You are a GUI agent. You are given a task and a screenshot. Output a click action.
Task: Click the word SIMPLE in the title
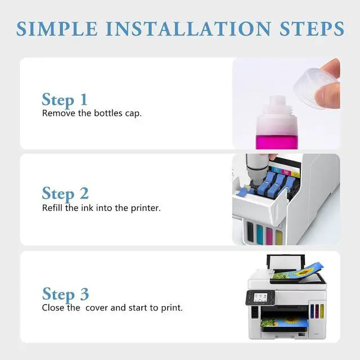pyautogui.click(x=57, y=29)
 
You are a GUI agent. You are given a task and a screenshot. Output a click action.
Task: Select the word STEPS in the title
pyautogui.click(x=312, y=29)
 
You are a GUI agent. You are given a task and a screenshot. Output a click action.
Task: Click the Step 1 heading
pyautogui.click(x=65, y=100)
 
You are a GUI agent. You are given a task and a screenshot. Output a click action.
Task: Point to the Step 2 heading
pyautogui.click(x=65, y=193)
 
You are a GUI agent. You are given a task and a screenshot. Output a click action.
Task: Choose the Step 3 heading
pyautogui.click(x=65, y=294)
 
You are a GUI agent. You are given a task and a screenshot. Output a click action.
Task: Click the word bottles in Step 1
pyautogui.click(x=108, y=113)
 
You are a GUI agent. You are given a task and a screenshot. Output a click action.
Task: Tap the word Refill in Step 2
pyautogui.click(x=52, y=208)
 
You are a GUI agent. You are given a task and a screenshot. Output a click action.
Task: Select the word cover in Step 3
pyautogui.click(x=97, y=308)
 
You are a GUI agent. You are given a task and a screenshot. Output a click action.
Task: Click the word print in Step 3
pyautogui.click(x=172, y=308)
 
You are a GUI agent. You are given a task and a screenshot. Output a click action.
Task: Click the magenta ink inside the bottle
pyautogui.click(x=277, y=142)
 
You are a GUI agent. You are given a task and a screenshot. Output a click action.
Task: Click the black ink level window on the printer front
pyautogui.click(x=250, y=231)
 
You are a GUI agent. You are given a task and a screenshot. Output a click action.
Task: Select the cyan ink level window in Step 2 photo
pyautogui.click(x=260, y=234)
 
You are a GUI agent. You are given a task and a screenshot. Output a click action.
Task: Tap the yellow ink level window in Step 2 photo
pyautogui.click(x=279, y=238)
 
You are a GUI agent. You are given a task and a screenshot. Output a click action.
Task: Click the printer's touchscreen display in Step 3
pyautogui.click(x=260, y=297)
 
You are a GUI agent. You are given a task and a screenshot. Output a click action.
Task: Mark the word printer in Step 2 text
pyautogui.click(x=146, y=208)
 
